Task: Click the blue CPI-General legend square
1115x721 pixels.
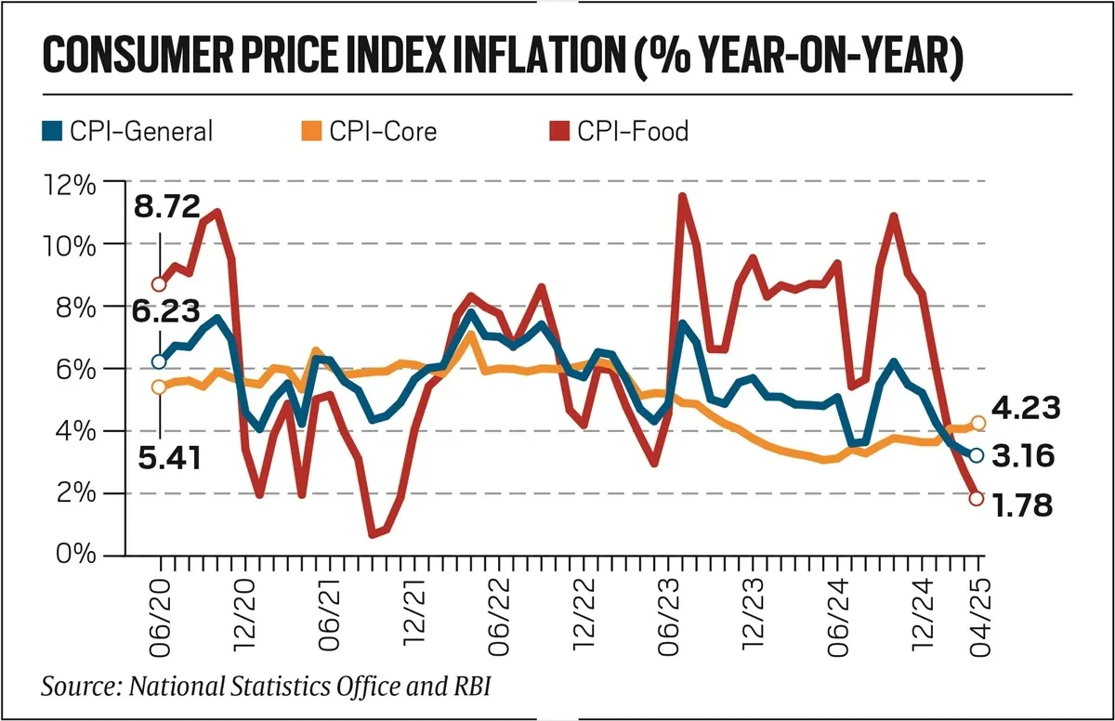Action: click(x=52, y=131)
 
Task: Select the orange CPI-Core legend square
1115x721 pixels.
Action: click(x=311, y=131)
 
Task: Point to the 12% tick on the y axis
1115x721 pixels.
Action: click(x=70, y=183)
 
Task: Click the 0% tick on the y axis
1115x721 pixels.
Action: click(x=75, y=555)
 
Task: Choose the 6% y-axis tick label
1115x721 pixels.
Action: click(x=75, y=369)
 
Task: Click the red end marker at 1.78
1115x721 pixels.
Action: click(x=976, y=499)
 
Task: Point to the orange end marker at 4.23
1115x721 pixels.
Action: click(x=977, y=424)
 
